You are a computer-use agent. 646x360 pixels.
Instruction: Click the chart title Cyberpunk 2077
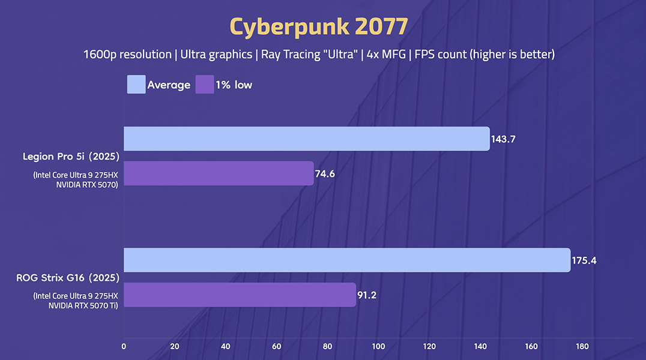pyautogui.click(x=319, y=26)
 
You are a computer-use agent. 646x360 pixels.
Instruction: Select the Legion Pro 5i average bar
pyautogui.click(x=306, y=139)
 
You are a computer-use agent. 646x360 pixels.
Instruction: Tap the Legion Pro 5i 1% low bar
pyautogui.click(x=219, y=173)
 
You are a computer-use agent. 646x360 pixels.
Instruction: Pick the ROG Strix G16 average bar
pyautogui.click(x=346, y=260)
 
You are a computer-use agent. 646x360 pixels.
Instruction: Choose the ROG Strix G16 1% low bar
pyautogui.click(x=240, y=295)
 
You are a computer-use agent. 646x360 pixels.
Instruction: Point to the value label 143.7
pyautogui.click(x=504, y=139)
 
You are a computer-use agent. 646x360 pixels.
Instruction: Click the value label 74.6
pyautogui.click(x=326, y=173)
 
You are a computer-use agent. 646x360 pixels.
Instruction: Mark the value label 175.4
pyautogui.click(x=585, y=261)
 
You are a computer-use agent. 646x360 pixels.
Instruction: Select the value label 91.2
pyautogui.click(x=368, y=295)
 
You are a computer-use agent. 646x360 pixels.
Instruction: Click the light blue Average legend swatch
pyautogui.click(x=136, y=85)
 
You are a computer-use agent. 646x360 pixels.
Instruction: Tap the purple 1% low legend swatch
pyautogui.click(x=205, y=85)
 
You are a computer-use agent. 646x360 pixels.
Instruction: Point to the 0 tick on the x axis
pyautogui.click(x=124, y=346)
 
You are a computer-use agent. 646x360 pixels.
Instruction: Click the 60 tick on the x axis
pyautogui.click(x=277, y=346)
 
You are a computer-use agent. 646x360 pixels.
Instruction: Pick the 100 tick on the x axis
pyautogui.click(x=378, y=346)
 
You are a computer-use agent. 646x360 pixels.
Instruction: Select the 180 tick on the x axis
pyautogui.click(x=582, y=346)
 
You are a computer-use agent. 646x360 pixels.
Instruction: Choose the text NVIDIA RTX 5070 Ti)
pyautogui.click(x=82, y=306)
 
